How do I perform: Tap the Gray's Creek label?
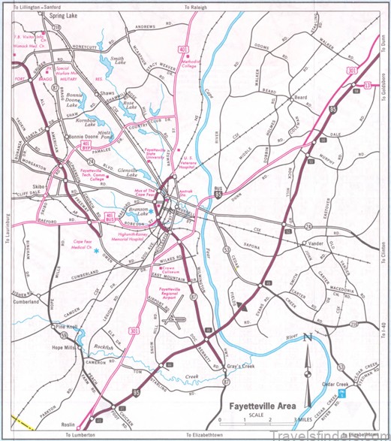point(240,367)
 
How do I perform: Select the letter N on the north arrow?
point(305,339)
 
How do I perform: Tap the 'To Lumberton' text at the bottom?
point(81,436)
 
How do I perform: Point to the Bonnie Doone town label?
point(85,137)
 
